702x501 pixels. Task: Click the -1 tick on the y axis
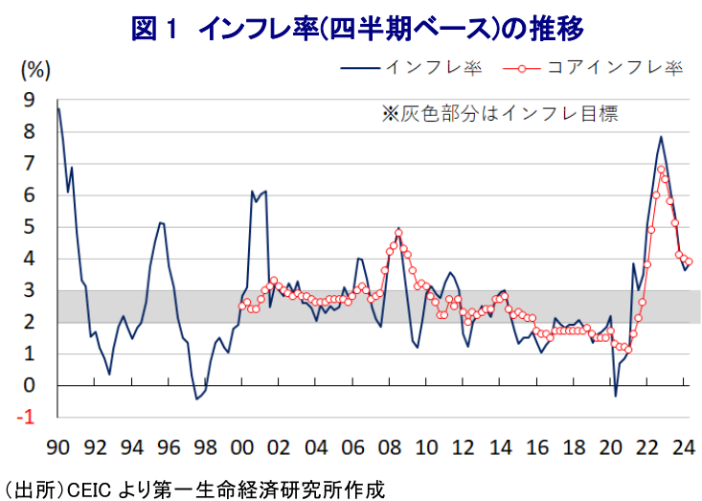tap(26, 418)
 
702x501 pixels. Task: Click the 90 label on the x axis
tap(57, 446)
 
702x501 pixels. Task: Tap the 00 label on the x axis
tap(242, 446)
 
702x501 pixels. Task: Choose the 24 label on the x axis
tap(685, 446)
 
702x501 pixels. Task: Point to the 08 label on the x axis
tap(390, 446)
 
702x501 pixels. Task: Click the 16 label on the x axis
tap(537, 446)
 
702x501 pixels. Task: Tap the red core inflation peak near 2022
tap(661, 171)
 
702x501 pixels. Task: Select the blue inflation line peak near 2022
tap(661, 137)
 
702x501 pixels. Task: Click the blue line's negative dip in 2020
tap(616, 395)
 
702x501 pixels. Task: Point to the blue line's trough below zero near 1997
tap(196, 399)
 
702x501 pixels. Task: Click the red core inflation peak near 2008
tap(398, 233)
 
